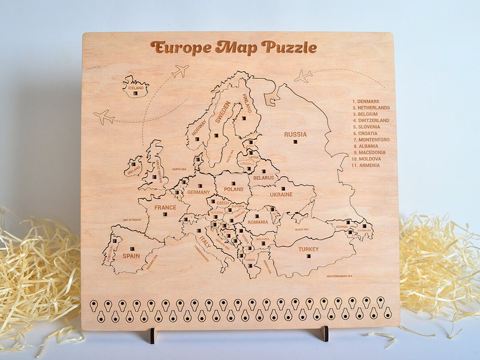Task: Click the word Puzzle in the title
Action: [x=289, y=47]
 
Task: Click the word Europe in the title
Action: [x=180, y=47]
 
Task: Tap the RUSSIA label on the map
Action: [x=296, y=134]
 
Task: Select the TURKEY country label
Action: [x=308, y=249]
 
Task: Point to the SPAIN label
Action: [x=131, y=256]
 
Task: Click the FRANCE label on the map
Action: [x=165, y=208]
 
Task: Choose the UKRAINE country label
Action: [x=281, y=195]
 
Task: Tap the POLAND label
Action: [x=234, y=189]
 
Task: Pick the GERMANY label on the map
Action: [x=198, y=192]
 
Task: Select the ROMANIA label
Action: [x=258, y=222]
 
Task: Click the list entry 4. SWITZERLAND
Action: [x=371, y=120]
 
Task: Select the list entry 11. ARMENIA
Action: [x=366, y=165]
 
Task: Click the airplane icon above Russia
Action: [x=304, y=76]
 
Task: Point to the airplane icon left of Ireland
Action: [x=104, y=117]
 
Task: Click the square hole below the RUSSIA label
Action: [x=295, y=142]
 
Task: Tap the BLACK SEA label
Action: [x=301, y=229]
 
